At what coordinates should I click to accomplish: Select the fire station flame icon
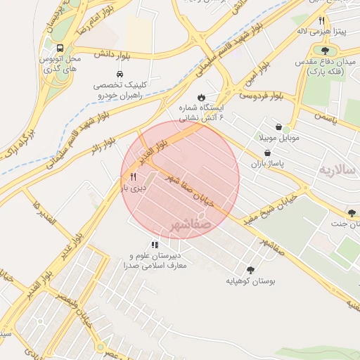[x=202, y=97]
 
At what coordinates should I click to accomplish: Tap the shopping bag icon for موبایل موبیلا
[x=279, y=127]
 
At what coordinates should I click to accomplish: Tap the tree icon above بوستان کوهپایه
[x=251, y=270]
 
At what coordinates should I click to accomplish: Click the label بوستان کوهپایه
[x=251, y=281]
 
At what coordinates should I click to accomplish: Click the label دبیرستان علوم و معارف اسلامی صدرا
[x=155, y=261]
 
